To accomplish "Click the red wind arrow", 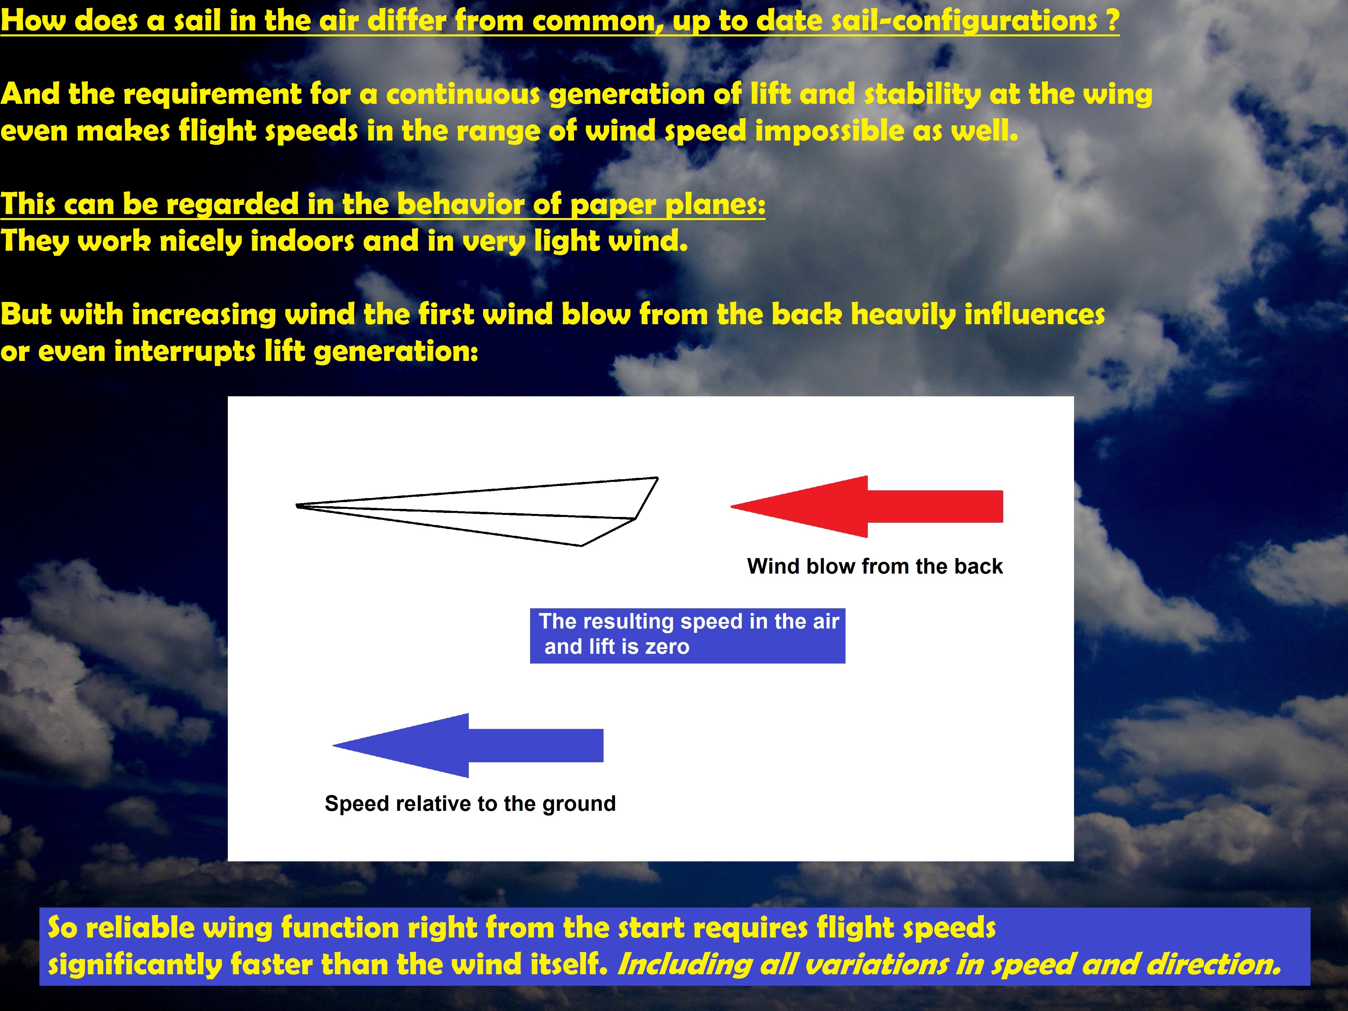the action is click(866, 507).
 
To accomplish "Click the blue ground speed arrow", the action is click(468, 745).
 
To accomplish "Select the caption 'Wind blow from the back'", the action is click(875, 566).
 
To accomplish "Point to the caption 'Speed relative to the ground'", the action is click(470, 804).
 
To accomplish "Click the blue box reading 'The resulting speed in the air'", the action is click(687, 636).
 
